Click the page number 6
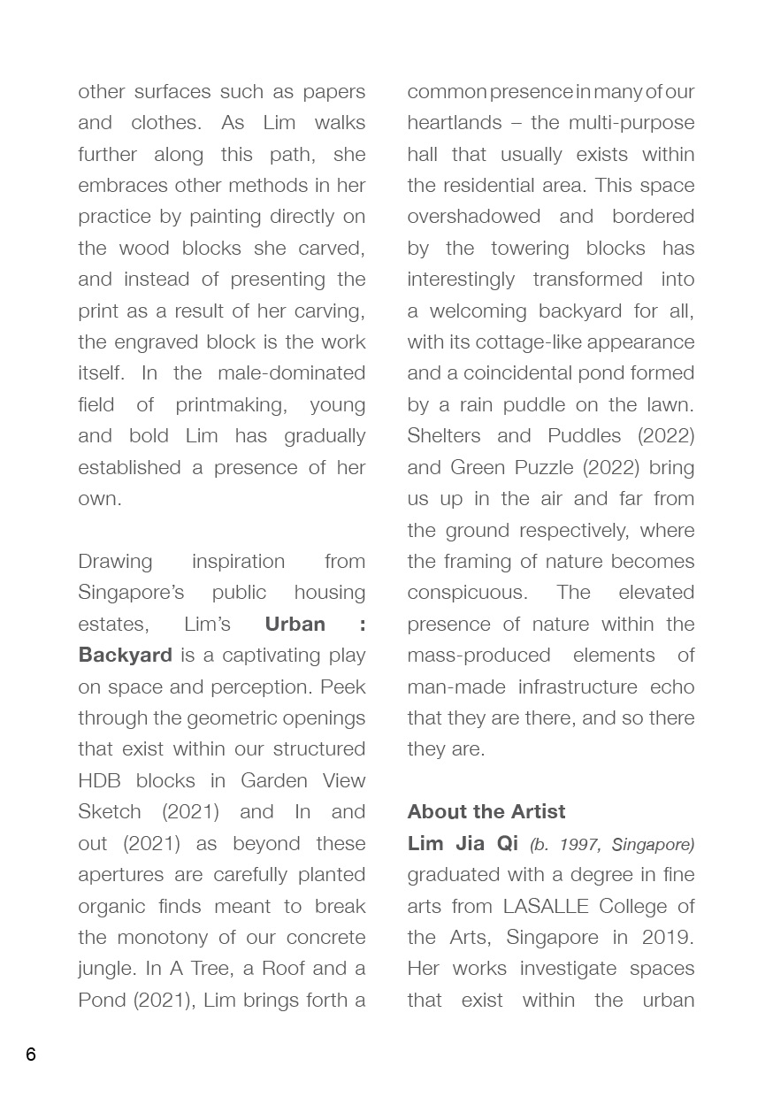point(31,1054)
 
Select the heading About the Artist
point(486,811)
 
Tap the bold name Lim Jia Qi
point(463,843)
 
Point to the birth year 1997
point(579,845)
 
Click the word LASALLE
point(547,906)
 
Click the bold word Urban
point(295,624)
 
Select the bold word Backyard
point(125,655)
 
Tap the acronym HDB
point(99,780)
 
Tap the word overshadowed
point(473,216)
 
